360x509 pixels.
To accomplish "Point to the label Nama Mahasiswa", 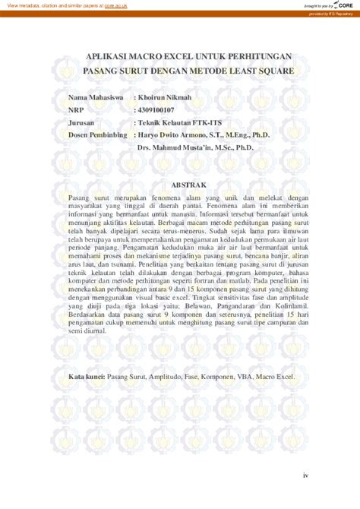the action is (x=94, y=99).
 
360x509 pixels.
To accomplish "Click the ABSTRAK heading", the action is (x=180, y=183).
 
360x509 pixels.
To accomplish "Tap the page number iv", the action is (x=305, y=476).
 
